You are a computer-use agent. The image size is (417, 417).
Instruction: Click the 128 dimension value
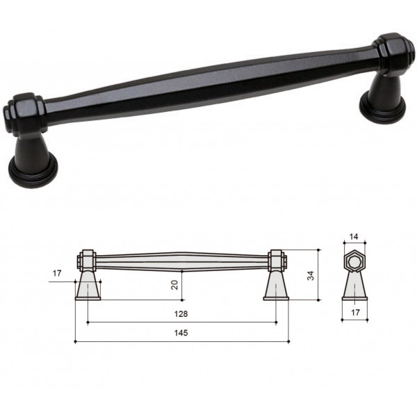point(181,314)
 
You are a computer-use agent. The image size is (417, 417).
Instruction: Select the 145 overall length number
point(181,333)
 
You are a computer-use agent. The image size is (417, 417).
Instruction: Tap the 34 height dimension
point(311,275)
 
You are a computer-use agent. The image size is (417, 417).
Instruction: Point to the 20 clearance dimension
point(174,285)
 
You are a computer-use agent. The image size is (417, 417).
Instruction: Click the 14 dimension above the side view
point(354,236)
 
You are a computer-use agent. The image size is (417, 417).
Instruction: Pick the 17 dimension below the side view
point(355,313)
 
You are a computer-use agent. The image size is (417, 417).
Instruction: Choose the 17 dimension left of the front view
point(57,273)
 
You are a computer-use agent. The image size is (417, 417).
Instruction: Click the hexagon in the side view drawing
point(354,262)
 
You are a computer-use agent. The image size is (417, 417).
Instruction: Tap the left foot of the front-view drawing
point(88,286)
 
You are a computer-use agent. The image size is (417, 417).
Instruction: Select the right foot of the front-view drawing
point(276,286)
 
